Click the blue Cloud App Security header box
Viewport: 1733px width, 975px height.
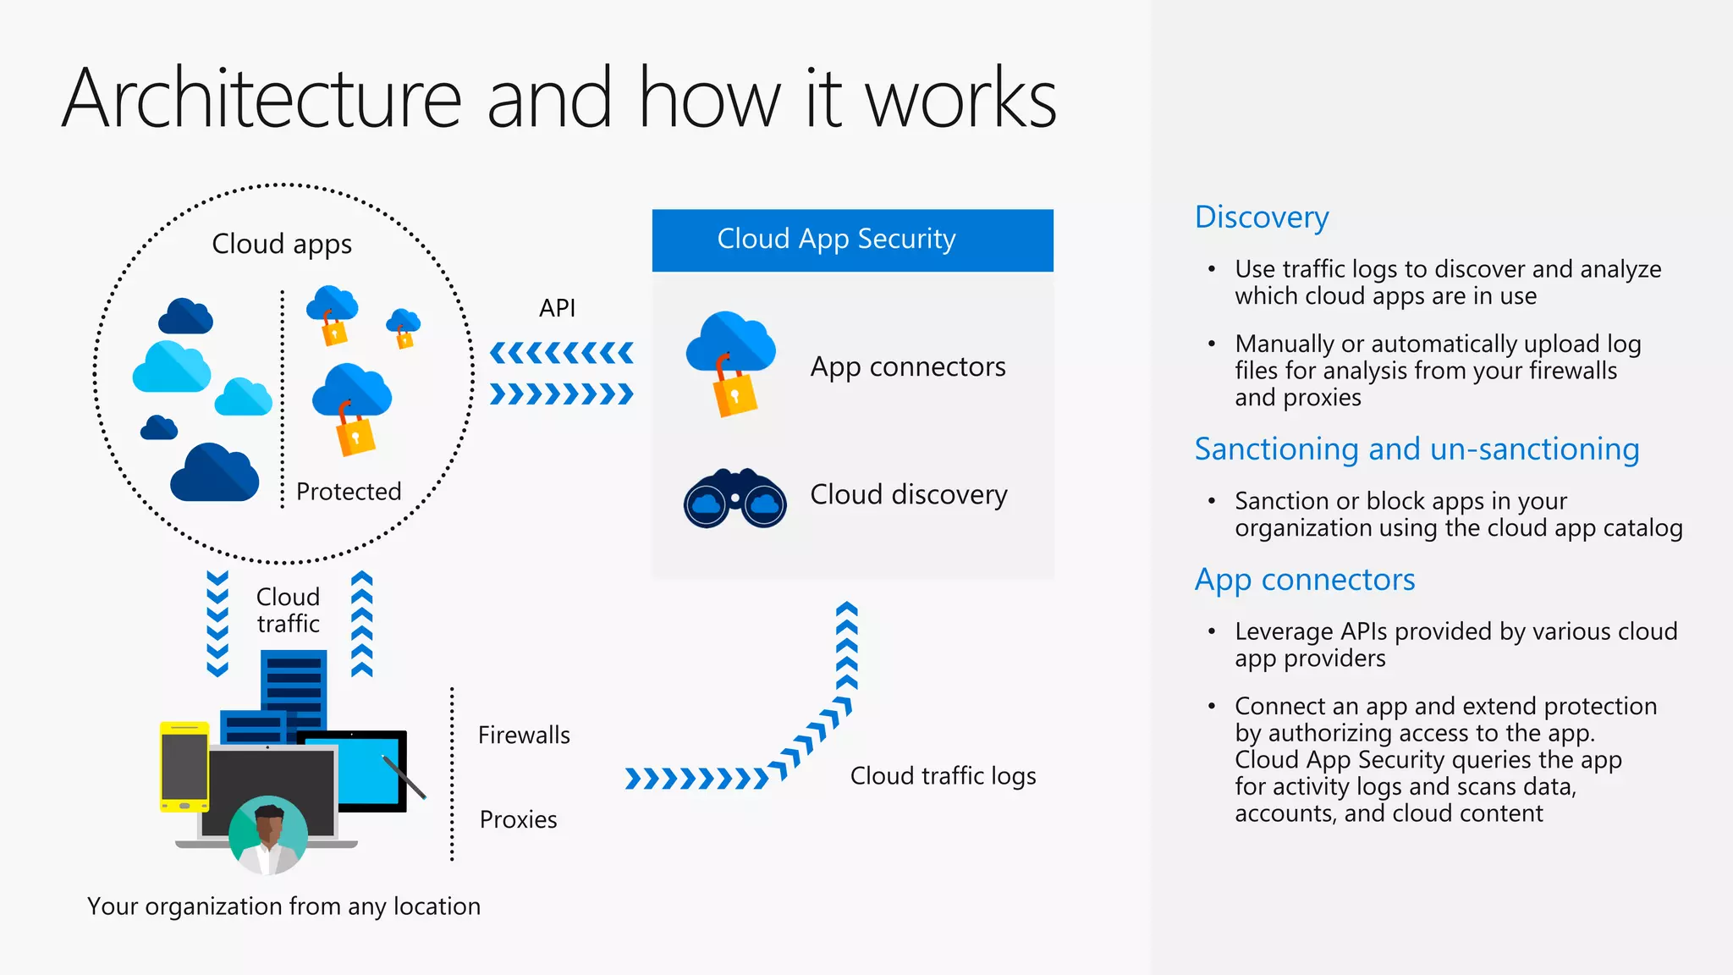pyautogui.click(x=852, y=240)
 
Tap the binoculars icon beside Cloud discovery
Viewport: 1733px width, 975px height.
pyautogui.click(x=734, y=499)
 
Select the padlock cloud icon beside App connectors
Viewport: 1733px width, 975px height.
pyautogui.click(x=730, y=364)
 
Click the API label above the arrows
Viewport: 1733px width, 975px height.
pyautogui.click(x=557, y=308)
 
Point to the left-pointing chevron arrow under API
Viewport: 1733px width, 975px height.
pyautogui.click(x=561, y=353)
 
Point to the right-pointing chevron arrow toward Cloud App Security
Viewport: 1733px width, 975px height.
pyautogui.click(x=561, y=394)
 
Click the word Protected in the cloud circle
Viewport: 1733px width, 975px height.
pyautogui.click(x=349, y=492)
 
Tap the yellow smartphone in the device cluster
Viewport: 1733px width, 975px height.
pyautogui.click(x=184, y=767)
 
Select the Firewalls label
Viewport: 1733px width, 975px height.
pyautogui.click(x=524, y=735)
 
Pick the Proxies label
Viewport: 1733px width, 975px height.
pyautogui.click(x=518, y=819)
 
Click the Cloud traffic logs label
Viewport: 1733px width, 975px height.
pyautogui.click(x=943, y=776)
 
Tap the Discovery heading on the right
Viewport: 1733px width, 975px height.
pyautogui.click(x=1261, y=218)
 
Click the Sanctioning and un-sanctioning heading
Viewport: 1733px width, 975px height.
pyautogui.click(x=1417, y=449)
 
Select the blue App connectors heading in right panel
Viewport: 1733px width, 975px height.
pyautogui.click(x=1304, y=581)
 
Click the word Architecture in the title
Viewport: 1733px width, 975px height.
pyautogui.click(x=261, y=99)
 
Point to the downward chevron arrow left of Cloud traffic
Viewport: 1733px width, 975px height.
pyautogui.click(x=217, y=624)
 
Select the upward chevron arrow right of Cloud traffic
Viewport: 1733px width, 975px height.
pyautogui.click(x=362, y=624)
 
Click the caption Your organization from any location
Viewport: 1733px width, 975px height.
pyautogui.click(x=283, y=906)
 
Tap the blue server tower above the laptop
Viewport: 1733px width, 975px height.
pyautogui.click(x=294, y=686)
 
